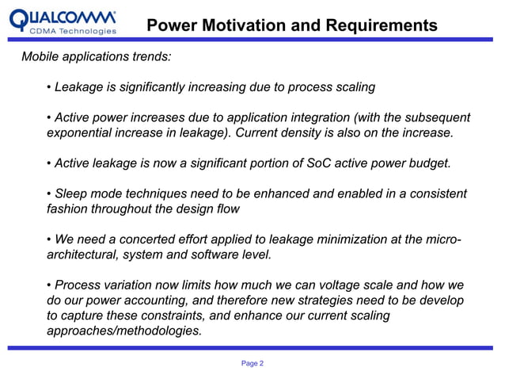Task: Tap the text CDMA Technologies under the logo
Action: (73, 32)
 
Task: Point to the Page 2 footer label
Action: (252, 362)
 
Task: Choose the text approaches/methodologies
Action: (124, 331)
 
